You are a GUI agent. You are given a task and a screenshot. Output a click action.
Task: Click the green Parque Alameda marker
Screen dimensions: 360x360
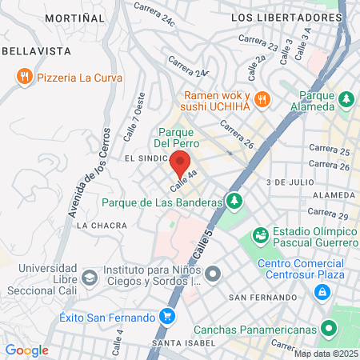346,99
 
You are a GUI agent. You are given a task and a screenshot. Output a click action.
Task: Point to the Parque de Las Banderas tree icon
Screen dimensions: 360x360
234,201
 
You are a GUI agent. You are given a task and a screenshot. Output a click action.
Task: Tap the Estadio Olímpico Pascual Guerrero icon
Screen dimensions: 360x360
260,235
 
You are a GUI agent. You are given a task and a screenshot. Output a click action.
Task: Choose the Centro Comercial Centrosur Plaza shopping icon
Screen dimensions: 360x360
322,291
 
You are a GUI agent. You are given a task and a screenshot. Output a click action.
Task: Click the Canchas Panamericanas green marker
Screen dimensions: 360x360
328,328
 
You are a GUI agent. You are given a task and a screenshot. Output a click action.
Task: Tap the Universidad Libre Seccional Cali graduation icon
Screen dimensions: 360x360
90,278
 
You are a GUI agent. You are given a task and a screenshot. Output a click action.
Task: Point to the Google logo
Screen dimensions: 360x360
26,350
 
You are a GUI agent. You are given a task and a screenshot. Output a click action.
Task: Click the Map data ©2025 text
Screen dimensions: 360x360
324,354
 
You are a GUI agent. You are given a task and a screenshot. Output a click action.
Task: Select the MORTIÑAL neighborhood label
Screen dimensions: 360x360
74,17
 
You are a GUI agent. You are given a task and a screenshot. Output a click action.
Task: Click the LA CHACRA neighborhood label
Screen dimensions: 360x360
101,226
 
